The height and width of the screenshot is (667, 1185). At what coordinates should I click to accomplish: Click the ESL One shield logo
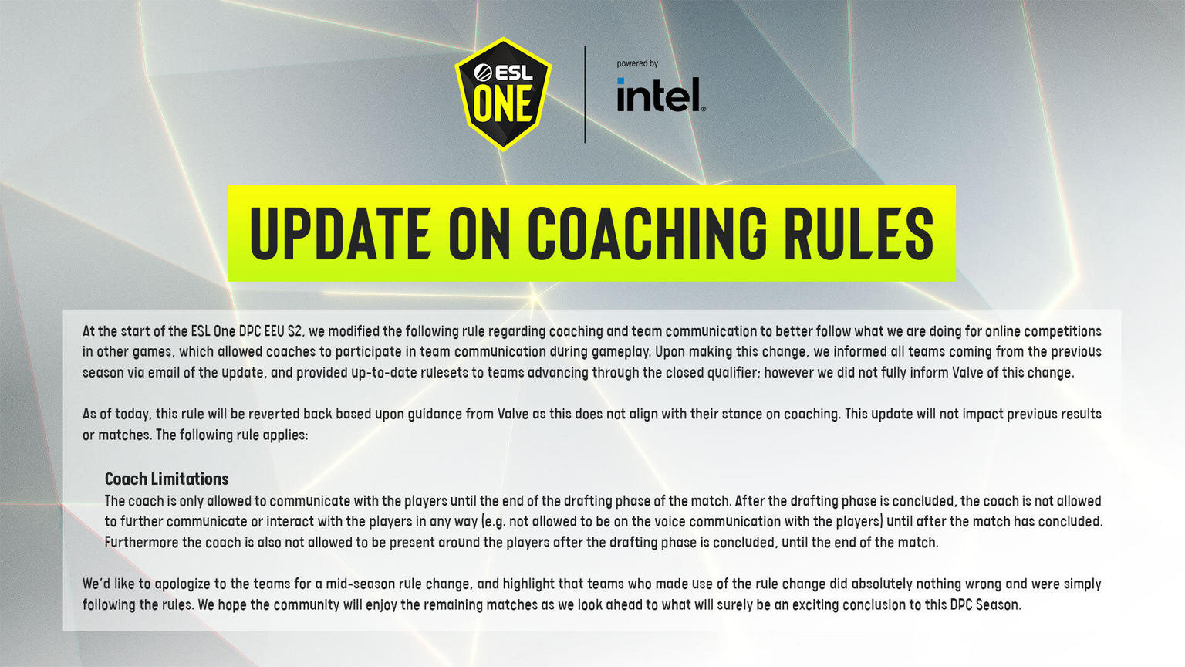point(503,94)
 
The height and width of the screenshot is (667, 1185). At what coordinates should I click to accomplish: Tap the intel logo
point(660,95)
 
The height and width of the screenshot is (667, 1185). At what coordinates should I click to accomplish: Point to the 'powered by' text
point(637,63)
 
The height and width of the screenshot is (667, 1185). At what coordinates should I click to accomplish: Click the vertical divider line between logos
point(585,94)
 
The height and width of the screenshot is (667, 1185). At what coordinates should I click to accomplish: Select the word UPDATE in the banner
point(339,233)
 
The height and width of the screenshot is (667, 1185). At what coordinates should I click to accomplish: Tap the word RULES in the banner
point(859,233)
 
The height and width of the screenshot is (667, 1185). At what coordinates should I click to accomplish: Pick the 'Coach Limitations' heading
point(167,479)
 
